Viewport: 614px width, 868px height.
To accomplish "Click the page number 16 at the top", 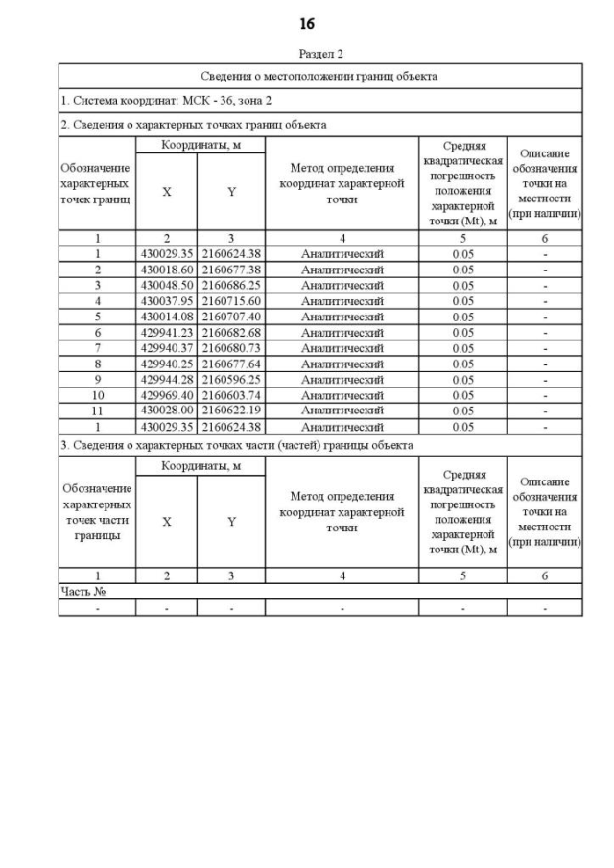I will click(307, 23).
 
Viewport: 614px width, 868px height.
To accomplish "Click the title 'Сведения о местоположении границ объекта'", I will click(320, 76).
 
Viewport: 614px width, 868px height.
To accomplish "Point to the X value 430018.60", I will click(167, 270).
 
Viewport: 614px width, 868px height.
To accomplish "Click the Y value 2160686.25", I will click(231, 286).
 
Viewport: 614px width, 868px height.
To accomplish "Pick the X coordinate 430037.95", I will click(167, 301).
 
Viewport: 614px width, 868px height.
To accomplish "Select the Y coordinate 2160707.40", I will click(231, 317).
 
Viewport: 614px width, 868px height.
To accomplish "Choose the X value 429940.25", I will click(167, 364).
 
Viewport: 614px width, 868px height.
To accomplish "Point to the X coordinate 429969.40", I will click(167, 395).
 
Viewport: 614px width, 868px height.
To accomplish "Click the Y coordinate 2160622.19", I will click(231, 411).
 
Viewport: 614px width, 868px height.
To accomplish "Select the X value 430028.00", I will click(167, 411).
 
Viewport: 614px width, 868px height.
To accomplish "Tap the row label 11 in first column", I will click(97, 411).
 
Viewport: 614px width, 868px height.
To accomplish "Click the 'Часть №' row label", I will click(83, 592).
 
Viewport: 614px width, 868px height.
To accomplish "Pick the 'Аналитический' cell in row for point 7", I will click(342, 348).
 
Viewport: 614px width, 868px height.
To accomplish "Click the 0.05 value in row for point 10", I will click(462, 395).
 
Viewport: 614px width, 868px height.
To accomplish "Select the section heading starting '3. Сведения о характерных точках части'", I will click(237, 445).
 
